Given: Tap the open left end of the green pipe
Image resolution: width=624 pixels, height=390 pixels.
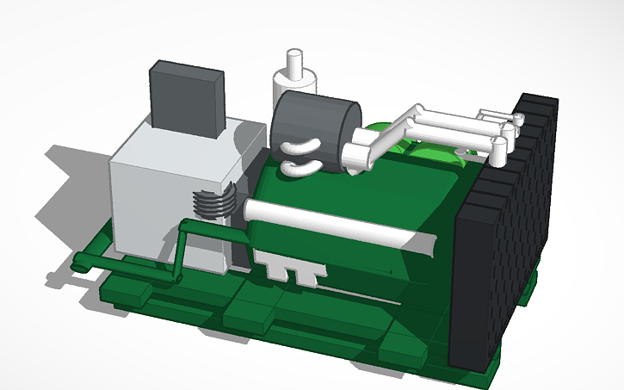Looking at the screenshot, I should [x=78, y=262].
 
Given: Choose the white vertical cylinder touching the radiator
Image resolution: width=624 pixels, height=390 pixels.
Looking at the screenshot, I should [x=500, y=150].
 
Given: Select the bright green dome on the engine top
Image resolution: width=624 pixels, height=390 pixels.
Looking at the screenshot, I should [x=379, y=138].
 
